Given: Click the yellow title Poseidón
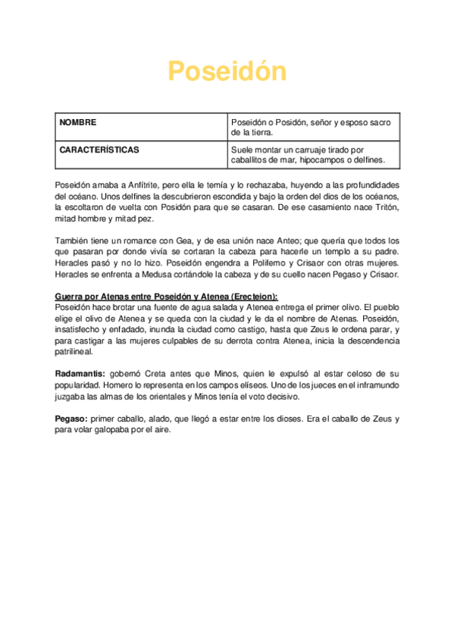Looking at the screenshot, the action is point(227,72).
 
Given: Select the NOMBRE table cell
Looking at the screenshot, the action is point(78,122).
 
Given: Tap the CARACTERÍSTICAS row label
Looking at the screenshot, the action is point(99,150).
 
